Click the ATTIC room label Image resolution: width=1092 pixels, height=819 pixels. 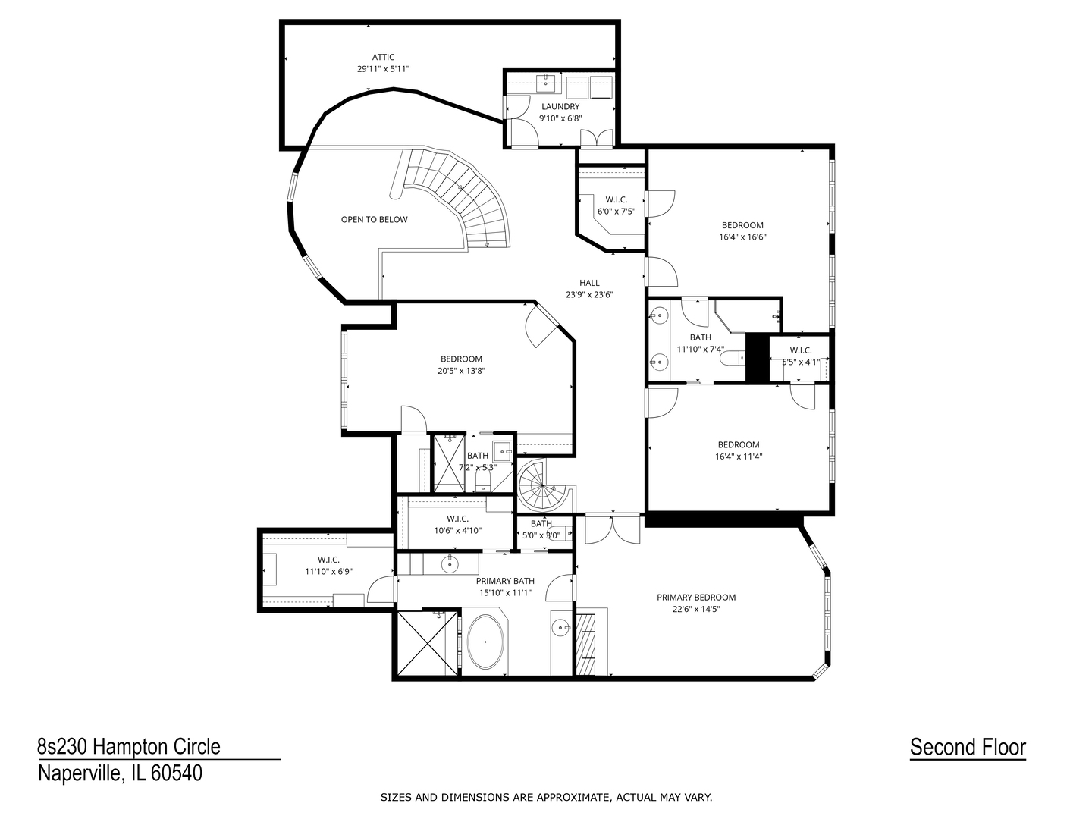(x=383, y=57)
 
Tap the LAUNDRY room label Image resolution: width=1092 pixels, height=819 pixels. (x=560, y=107)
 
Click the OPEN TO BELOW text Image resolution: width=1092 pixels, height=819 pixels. (x=374, y=220)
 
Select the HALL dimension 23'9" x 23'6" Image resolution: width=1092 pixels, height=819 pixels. (x=589, y=295)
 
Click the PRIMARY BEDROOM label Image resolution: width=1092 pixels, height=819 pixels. (x=696, y=598)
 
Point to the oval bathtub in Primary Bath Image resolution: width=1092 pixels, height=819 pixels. (x=485, y=642)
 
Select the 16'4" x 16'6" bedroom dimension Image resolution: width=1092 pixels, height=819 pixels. (x=742, y=237)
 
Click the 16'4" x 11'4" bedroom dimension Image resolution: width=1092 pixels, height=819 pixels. (x=739, y=457)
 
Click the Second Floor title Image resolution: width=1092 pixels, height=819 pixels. (x=968, y=748)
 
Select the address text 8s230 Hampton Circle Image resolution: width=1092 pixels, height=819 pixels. (x=129, y=747)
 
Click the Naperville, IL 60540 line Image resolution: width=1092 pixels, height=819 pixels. (x=120, y=773)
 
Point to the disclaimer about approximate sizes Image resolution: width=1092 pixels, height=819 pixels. (x=546, y=797)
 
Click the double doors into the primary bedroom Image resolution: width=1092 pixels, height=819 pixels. (x=613, y=529)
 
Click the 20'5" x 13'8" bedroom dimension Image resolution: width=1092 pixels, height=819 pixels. (x=461, y=371)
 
